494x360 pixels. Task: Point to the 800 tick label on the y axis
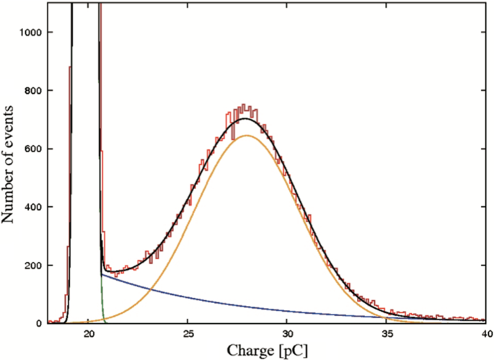(35, 91)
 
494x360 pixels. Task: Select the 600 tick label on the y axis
(35, 149)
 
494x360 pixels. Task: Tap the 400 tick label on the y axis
(35, 208)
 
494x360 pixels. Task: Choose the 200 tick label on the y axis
(35, 265)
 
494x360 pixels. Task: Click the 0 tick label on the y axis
(41, 324)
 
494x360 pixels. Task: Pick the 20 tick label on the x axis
(89, 334)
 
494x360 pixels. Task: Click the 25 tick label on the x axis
(188, 334)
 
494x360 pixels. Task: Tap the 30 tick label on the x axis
(287, 334)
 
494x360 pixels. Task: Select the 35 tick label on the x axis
(386, 334)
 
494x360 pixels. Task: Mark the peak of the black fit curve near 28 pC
(246, 118)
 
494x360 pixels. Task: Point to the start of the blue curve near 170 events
(102, 274)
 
